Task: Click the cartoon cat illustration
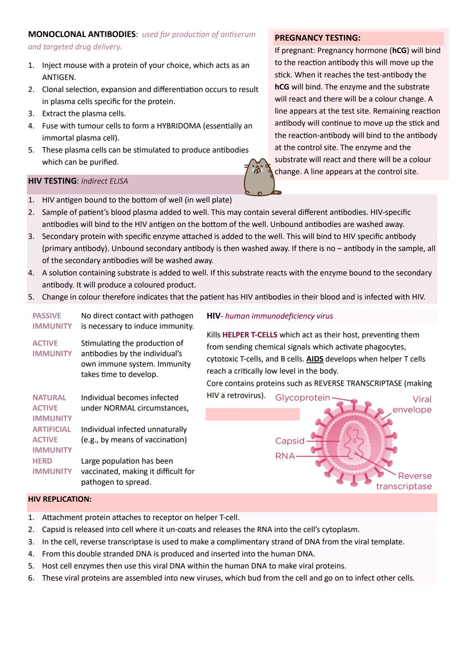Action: (x=260, y=177)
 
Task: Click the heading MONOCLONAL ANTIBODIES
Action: (x=82, y=34)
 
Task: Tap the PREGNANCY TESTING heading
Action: (x=317, y=38)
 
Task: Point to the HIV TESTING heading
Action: (x=52, y=181)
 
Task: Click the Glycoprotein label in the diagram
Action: (x=302, y=398)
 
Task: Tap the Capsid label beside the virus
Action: (x=290, y=441)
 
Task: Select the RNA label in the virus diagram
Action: (x=285, y=456)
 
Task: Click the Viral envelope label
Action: (x=412, y=404)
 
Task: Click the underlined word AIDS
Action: (x=314, y=359)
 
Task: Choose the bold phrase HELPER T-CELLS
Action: (x=250, y=335)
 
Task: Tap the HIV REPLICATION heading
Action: (x=60, y=499)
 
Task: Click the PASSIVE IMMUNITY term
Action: (x=52, y=321)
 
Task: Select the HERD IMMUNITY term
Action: (x=52, y=466)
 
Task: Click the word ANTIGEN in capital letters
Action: (x=59, y=77)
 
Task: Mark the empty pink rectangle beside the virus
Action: (x=253, y=414)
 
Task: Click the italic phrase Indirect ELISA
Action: (x=104, y=181)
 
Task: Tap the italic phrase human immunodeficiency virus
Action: (x=279, y=316)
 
